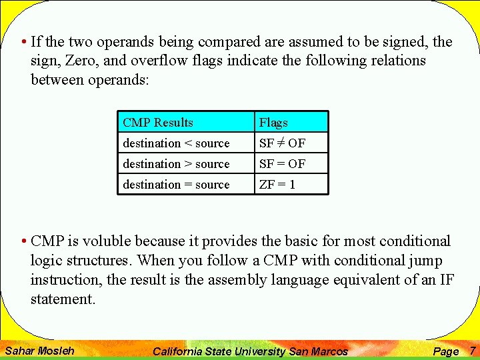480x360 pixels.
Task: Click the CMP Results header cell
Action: click(158, 123)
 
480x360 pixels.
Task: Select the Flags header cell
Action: click(273, 123)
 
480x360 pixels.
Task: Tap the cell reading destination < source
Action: click(176, 143)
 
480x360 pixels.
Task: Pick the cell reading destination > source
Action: click(176, 164)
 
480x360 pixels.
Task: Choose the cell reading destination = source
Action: click(176, 185)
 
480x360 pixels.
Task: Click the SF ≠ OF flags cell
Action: click(282, 143)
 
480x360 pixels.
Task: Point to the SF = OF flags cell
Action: click(282, 164)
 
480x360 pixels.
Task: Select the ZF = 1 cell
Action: click(277, 185)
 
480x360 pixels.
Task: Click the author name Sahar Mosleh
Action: click(39, 350)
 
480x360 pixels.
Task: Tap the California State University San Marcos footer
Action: click(250, 351)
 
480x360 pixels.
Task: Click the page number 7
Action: click(472, 350)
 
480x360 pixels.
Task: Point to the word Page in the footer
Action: click(445, 351)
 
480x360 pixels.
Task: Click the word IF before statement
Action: click(447, 280)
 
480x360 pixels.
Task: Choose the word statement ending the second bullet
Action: click(63, 299)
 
